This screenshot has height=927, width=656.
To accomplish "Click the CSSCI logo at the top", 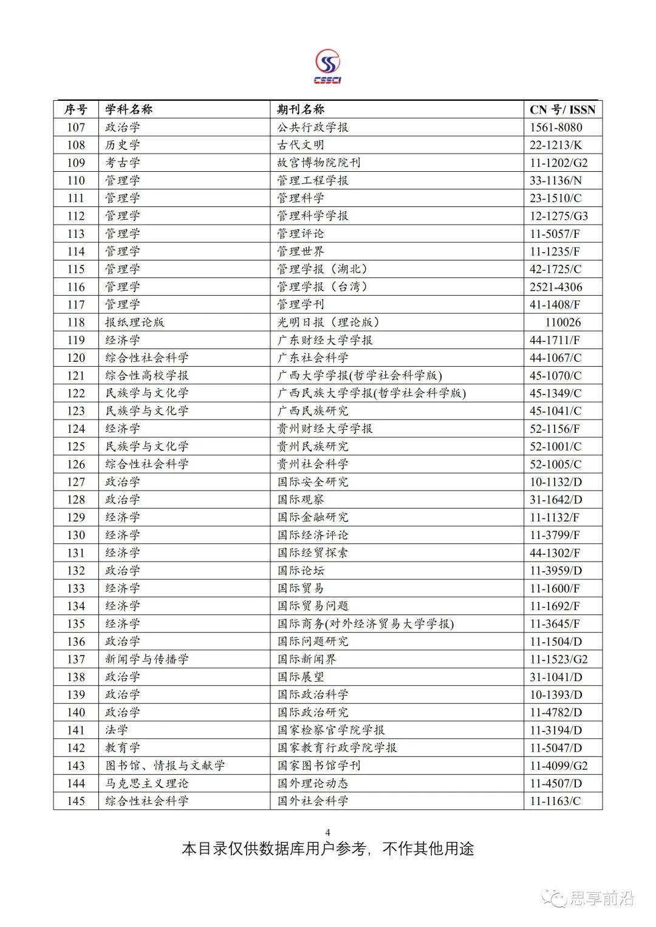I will coord(327,67).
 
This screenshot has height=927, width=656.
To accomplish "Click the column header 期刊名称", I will coord(301,109).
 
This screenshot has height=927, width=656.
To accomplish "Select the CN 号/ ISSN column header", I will coord(562,110).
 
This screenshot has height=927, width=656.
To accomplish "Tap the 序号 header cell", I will coord(76,109).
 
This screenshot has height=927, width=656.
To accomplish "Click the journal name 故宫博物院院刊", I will coord(319,163).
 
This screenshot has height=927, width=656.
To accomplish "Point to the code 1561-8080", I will coord(556,127).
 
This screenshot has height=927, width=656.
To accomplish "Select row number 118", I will coord(76,322).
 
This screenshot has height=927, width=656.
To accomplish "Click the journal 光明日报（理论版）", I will coord(329,322).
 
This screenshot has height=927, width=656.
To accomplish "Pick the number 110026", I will coord(562,322).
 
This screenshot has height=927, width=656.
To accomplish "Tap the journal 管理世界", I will coord(301,251).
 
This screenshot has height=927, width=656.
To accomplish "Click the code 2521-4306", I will coord(556,287).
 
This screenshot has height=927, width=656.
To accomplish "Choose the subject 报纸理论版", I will coord(135,322).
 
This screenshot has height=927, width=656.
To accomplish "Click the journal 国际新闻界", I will coord(307,659).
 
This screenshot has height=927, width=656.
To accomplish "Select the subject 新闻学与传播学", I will coord(147,659).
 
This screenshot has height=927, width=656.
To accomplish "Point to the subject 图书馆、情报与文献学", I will coord(165,766).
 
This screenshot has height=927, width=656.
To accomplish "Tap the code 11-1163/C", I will coord(555,801).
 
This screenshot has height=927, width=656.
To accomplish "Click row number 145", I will coord(76,801).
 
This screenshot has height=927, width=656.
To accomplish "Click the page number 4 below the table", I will coord(328,832).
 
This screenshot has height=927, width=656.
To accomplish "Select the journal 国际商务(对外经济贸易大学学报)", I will coord(366,624).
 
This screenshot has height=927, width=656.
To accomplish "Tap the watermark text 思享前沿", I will coord(601,898).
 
